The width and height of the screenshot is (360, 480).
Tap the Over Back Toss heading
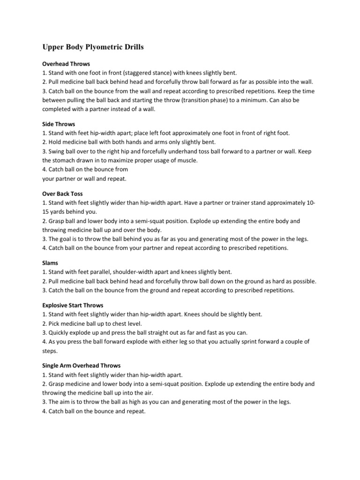pos(62,194)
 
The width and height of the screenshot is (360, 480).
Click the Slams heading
pos(50,263)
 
